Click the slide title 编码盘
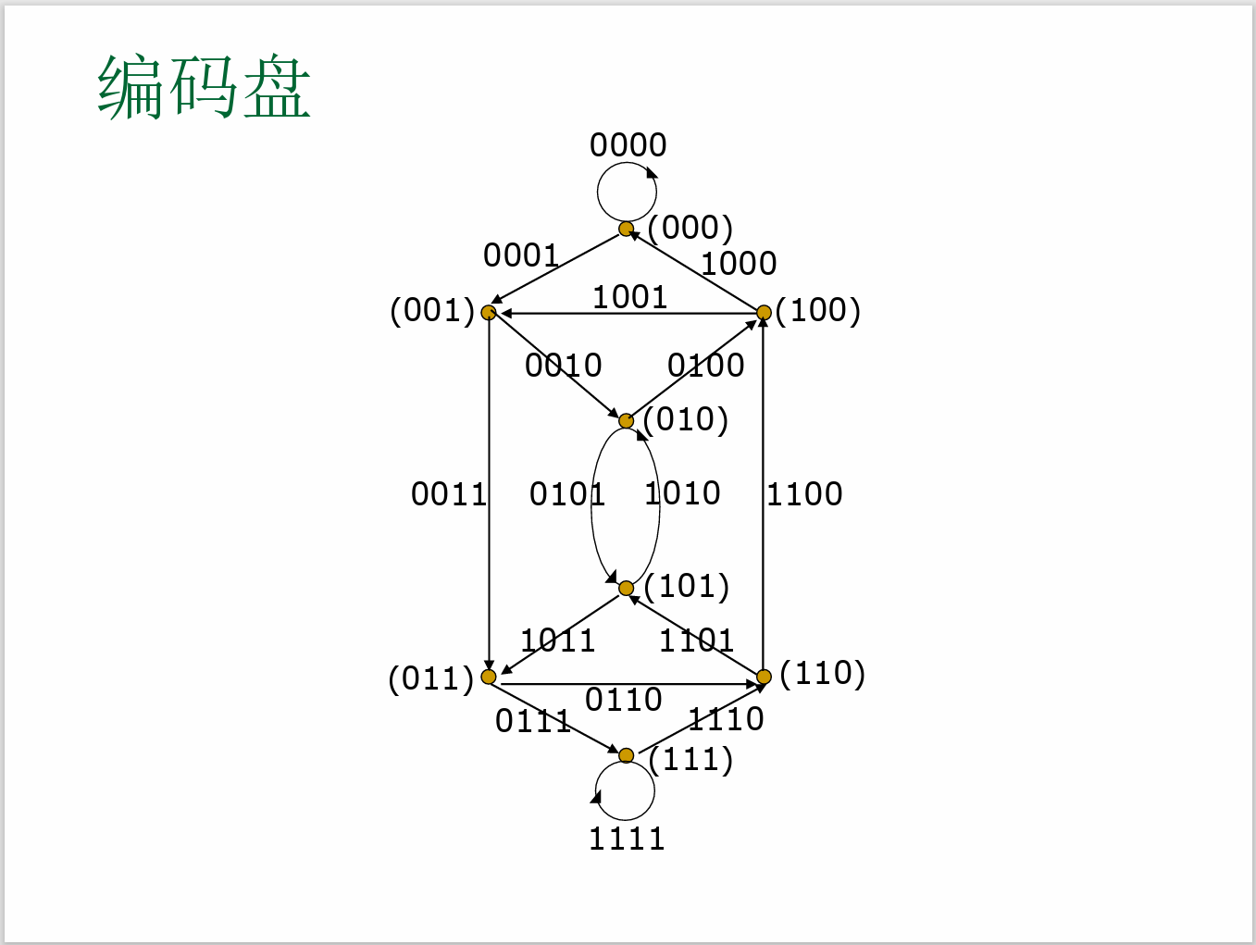(204, 87)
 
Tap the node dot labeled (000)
(627, 229)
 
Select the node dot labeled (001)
(489, 313)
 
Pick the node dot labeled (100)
(764, 313)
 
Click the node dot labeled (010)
(627, 421)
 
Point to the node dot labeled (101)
(627, 588)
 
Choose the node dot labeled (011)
(489, 677)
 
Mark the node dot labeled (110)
(764, 677)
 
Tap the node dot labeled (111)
(627, 755)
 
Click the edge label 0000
(628, 145)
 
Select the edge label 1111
(627, 839)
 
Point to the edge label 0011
(449, 494)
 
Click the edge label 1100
(804, 494)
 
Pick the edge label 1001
(629, 297)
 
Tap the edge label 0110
(624, 700)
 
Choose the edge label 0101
(566, 494)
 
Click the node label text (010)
(686, 419)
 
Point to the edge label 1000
(739, 264)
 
